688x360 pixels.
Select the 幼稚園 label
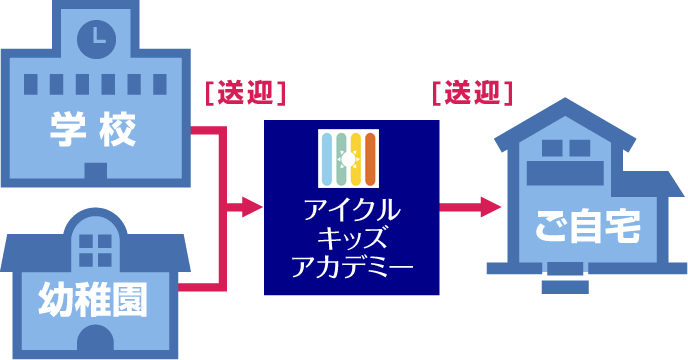[91, 297]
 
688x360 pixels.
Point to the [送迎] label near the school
[245, 93]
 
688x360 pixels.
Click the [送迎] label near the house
[472, 93]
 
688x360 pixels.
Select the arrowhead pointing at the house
[490, 208]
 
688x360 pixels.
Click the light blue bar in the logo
[327, 159]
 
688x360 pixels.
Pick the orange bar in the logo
[370, 159]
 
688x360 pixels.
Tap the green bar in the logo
[341, 159]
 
